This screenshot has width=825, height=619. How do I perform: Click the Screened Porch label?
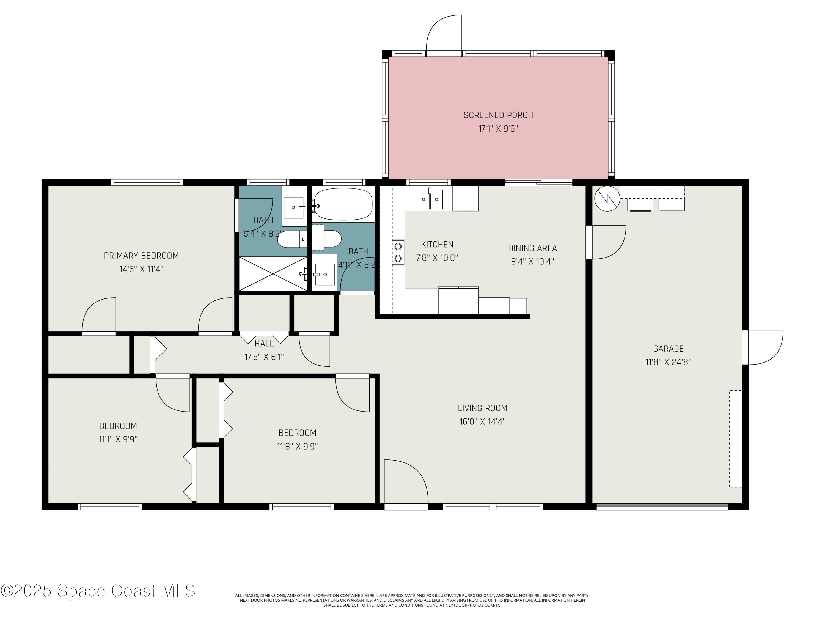pos(498,115)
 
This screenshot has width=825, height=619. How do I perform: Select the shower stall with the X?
pos(273,273)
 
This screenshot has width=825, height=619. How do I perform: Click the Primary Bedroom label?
pos(141,256)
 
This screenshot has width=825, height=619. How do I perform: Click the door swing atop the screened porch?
pos(444,35)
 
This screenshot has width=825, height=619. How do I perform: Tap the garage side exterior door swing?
pos(763,347)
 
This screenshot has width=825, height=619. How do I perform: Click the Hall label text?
pos(264,344)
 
